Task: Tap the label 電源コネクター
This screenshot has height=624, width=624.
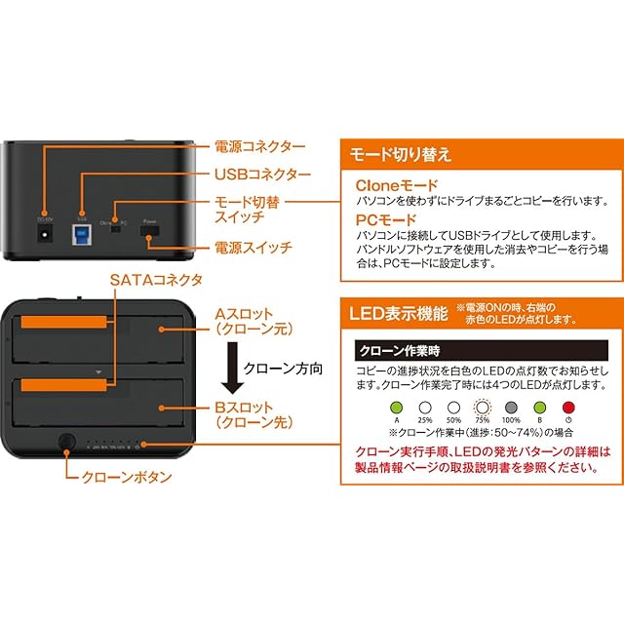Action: pyautogui.click(x=258, y=146)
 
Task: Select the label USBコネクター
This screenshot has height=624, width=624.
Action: pyautogui.click(x=262, y=175)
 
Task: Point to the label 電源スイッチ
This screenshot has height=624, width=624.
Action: pyautogui.click(x=253, y=248)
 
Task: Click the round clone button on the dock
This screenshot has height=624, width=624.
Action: pyautogui.click(x=66, y=442)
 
